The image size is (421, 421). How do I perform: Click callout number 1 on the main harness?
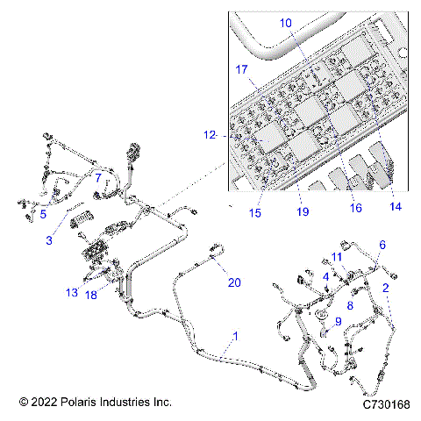pyautogui.click(x=234, y=336)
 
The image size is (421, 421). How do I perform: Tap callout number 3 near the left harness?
pyautogui.click(x=49, y=239)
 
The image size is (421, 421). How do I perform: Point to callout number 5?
pyautogui.click(x=42, y=213)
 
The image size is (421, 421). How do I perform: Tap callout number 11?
pyautogui.click(x=336, y=256)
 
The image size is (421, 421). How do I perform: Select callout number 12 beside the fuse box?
pyautogui.click(x=209, y=135)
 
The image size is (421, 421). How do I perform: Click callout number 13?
pyautogui.click(x=71, y=292)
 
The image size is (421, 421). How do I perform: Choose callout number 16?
pyautogui.click(x=355, y=209)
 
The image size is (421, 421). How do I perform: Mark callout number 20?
pyautogui.click(x=233, y=282)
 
